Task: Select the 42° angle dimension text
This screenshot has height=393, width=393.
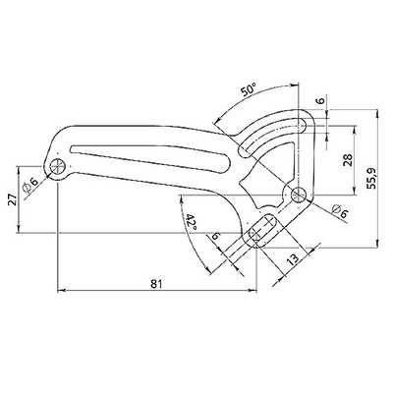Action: pos(191,224)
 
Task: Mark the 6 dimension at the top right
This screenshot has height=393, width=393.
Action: pos(320,101)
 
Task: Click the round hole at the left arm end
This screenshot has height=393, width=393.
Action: pos(59,167)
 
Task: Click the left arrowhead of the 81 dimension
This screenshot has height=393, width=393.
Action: pos(61,290)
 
